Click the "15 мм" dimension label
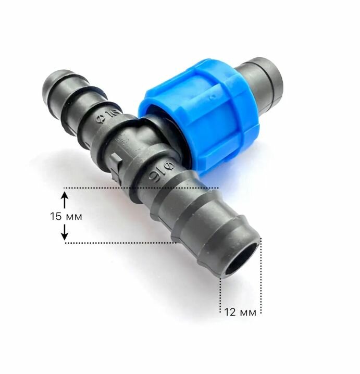click(66, 217)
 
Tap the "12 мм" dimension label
click(240, 312)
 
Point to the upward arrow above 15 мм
click(65, 200)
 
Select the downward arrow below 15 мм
click(65, 232)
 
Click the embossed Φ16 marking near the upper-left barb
click(108, 116)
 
